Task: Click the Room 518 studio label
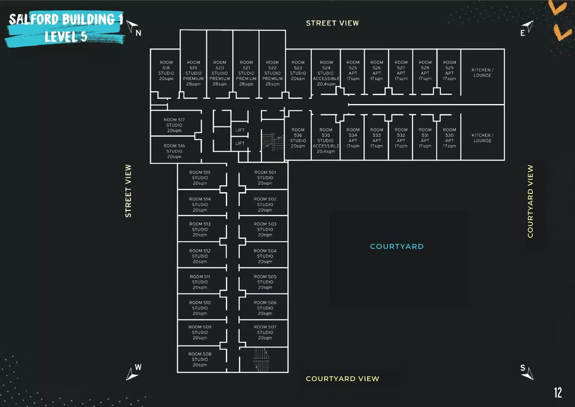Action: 166,71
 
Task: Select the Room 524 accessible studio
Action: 326,73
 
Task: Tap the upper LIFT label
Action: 240,130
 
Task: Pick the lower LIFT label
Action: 240,143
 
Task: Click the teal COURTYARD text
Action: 397,246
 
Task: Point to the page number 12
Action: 558,393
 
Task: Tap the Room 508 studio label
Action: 200,359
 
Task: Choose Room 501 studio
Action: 265,178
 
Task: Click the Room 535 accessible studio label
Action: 326,141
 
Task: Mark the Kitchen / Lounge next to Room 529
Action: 482,72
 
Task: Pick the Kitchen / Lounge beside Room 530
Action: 482,138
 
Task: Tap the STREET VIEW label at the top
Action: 332,23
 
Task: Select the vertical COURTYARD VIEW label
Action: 530,201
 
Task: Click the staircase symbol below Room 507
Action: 262,360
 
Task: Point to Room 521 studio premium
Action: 246,73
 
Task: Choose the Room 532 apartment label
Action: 401,138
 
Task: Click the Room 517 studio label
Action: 174,125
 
